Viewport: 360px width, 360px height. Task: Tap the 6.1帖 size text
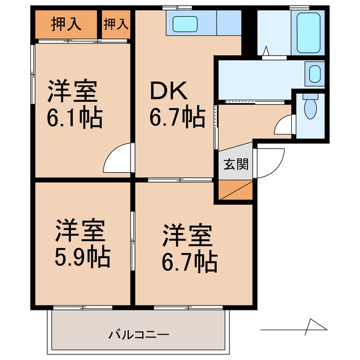(75, 118)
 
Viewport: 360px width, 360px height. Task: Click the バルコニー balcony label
(138, 335)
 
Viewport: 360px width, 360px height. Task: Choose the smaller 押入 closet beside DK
(116, 24)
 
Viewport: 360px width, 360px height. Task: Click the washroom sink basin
(314, 73)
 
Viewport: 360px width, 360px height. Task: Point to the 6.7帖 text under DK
(177, 118)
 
